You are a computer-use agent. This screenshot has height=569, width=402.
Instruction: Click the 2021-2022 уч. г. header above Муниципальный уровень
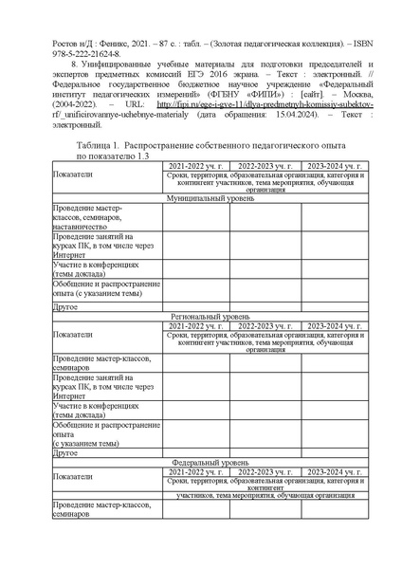pyautogui.click(x=194, y=167)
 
